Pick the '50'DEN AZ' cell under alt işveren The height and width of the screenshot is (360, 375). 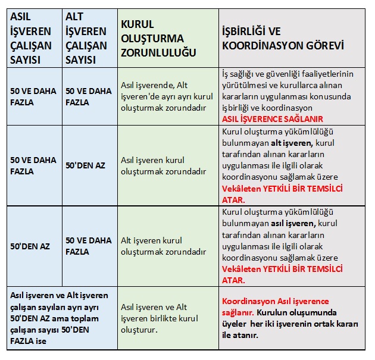[85, 165]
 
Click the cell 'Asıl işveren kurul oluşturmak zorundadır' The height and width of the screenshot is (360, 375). [163, 165]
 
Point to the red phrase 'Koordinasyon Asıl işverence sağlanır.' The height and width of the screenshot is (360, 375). [275, 306]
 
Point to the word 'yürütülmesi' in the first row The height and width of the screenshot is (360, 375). [244, 85]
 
